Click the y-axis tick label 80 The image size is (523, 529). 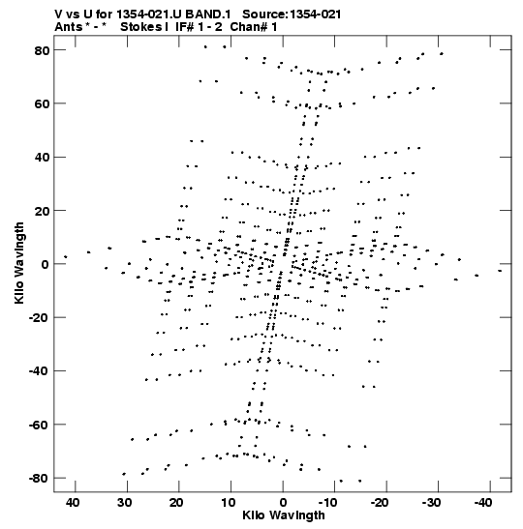coord(42,50)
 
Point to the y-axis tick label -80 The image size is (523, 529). coord(39,479)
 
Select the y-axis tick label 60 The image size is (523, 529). coord(42,103)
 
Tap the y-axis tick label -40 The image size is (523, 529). coord(39,371)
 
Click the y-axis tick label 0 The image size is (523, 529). coord(46,265)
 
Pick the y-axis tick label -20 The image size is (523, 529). coord(39,318)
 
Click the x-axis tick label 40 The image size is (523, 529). coord(73,503)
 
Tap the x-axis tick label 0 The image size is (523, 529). coord(283,503)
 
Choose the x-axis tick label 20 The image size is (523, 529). coord(176,503)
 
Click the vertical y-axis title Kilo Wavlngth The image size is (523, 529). coord(19,263)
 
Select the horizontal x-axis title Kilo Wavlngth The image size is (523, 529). coord(284,515)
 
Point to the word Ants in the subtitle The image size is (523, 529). coord(69,27)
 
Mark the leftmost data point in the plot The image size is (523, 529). coord(66,257)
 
